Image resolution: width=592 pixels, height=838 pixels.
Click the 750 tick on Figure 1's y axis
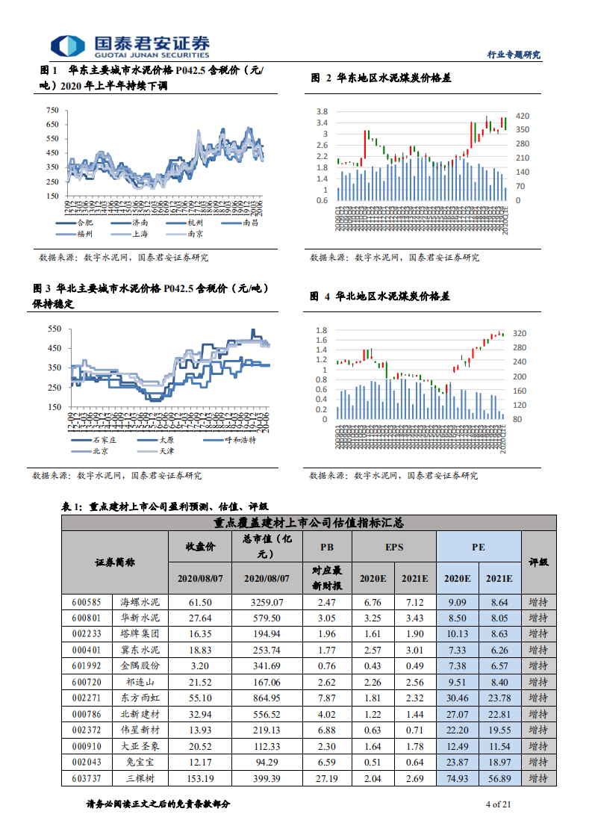(x=52, y=111)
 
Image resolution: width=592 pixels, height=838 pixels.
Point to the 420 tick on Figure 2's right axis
(x=523, y=116)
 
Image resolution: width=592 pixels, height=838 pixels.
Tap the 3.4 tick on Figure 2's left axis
(x=322, y=122)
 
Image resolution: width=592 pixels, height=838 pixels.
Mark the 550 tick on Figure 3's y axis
(x=54, y=329)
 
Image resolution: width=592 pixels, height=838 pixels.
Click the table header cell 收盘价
(x=200, y=547)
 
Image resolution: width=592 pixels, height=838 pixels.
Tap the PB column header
(x=326, y=547)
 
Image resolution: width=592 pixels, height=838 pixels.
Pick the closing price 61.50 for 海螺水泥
(x=200, y=601)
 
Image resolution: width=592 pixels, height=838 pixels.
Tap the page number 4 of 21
(x=497, y=804)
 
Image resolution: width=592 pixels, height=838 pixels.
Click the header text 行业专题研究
(x=513, y=55)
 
